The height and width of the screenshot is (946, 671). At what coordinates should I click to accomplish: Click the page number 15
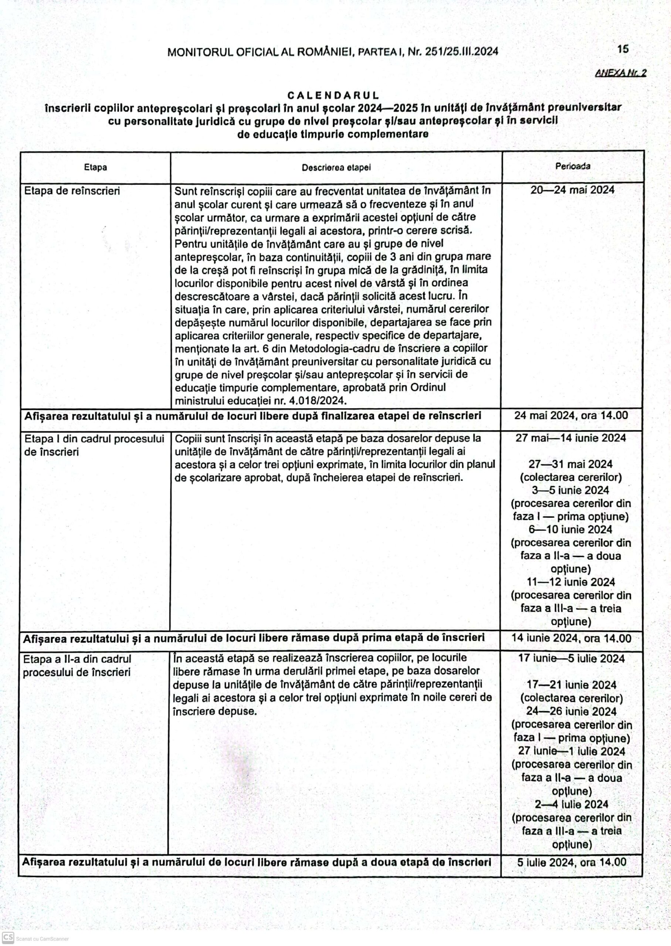[x=623, y=49]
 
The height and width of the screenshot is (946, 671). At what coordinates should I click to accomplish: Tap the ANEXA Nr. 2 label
[x=621, y=73]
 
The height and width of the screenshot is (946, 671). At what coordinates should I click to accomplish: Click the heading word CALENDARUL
[x=333, y=96]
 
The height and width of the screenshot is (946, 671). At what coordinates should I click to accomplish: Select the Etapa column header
[x=95, y=167]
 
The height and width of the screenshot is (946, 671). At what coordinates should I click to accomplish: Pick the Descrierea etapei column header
[x=336, y=168]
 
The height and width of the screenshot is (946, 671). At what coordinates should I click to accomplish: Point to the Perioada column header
[x=573, y=166]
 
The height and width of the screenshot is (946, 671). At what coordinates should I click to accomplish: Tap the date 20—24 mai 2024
[x=572, y=190]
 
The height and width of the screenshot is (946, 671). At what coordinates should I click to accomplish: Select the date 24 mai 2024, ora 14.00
[x=571, y=415]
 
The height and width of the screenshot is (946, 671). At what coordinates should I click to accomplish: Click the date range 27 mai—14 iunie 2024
[x=570, y=438]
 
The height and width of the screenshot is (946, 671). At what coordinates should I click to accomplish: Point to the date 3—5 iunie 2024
[x=570, y=490]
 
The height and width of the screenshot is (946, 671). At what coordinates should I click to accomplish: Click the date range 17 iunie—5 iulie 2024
[x=571, y=659]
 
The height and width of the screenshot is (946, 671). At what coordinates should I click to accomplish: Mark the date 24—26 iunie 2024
[x=571, y=711]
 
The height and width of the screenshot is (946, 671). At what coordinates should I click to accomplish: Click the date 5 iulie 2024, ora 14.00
[x=572, y=862]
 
